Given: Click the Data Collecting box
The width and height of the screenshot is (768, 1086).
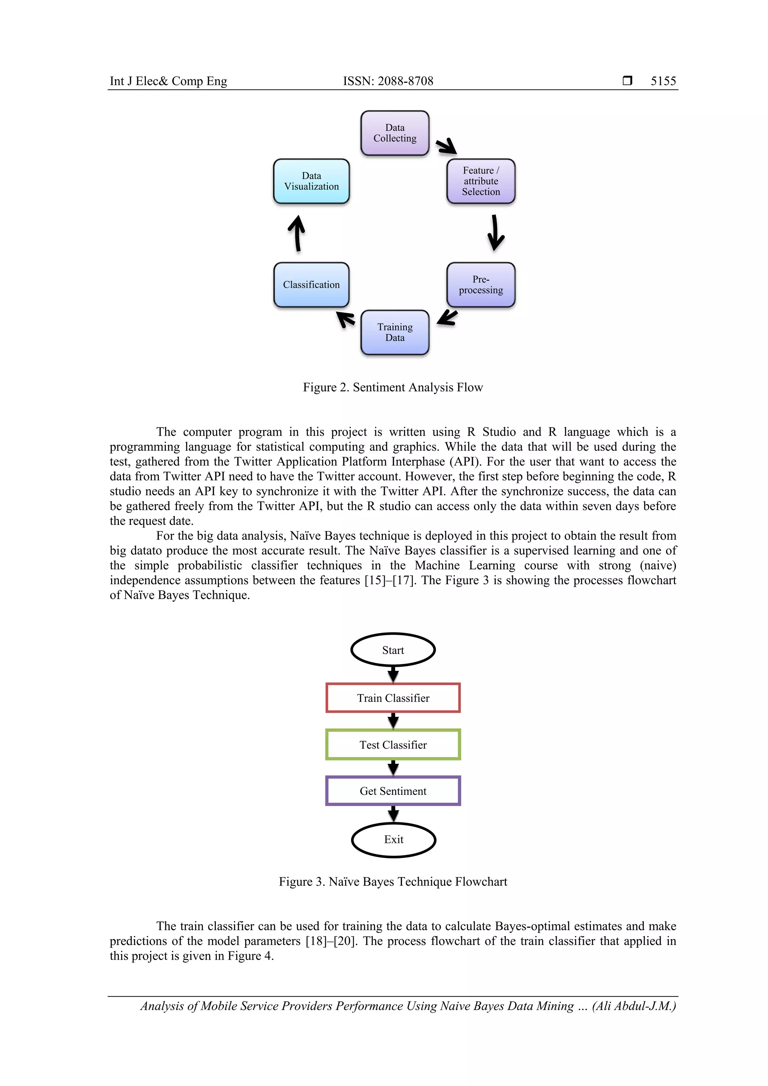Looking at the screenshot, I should (x=395, y=133).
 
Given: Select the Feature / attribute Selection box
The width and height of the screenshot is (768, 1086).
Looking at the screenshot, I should (x=481, y=181).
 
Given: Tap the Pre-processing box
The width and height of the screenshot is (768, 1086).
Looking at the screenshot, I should (x=481, y=285).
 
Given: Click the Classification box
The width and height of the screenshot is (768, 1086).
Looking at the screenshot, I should (x=311, y=285).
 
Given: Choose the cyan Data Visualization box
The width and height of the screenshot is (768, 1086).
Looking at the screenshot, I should (x=311, y=181).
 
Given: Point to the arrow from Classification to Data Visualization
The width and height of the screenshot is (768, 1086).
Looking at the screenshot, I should (x=297, y=233).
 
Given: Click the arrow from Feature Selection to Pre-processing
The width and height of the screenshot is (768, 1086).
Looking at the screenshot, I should (x=495, y=233).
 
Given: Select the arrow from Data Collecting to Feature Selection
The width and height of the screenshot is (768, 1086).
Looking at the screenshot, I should (x=446, y=146).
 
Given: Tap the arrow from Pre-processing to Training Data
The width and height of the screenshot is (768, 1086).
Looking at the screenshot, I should (x=447, y=317).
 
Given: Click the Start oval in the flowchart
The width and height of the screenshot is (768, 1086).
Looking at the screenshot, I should (x=393, y=650).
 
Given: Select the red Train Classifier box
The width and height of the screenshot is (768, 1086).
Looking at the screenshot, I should (x=393, y=697).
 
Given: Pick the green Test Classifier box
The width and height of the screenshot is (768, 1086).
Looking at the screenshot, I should (x=393, y=744).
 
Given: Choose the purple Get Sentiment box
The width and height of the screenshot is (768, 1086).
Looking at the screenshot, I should (x=393, y=791).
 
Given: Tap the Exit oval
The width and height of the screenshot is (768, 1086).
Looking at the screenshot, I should (x=393, y=840).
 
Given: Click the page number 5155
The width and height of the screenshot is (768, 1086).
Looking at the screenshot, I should (x=663, y=81).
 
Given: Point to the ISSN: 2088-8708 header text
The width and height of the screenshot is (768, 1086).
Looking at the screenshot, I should (x=388, y=81).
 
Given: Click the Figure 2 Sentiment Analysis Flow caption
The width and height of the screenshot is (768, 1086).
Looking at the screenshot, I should (x=393, y=387).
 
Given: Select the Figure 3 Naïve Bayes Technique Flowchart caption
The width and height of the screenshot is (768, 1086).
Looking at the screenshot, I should (x=393, y=882).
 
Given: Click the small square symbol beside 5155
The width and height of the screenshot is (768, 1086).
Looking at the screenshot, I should (x=627, y=80).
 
